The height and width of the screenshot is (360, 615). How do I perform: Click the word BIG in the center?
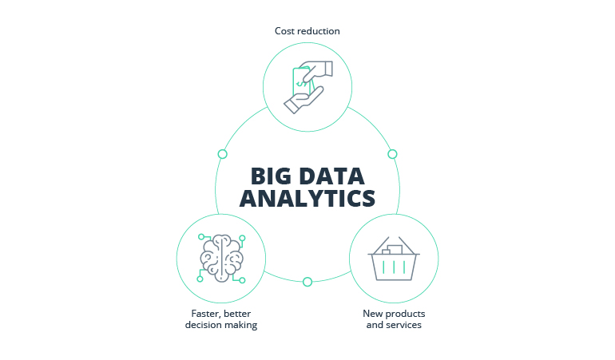coord(270,176)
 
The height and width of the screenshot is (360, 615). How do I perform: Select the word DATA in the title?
coord(332,176)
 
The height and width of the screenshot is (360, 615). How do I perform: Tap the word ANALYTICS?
coord(307,199)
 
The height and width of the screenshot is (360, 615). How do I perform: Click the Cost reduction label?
coord(307,31)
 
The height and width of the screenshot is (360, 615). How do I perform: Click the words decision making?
coord(221,325)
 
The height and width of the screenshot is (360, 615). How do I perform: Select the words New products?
coord(394,314)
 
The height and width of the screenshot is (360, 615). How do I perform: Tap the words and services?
coord(394,325)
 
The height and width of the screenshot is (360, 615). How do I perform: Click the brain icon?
coord(221,258)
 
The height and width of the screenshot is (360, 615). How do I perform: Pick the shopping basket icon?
coord(394,259)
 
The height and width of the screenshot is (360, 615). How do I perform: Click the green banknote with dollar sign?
coord(301,81)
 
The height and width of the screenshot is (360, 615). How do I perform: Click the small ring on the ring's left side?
coord(222,154)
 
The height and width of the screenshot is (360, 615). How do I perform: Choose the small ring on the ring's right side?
coord(392,154)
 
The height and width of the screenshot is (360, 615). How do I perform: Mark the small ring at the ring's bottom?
coord(307,282)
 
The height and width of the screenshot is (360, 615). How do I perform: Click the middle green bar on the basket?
coord(394,267)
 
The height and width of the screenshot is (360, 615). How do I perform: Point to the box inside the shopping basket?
coord(393,250)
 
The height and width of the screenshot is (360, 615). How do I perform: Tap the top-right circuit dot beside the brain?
coord(242,238)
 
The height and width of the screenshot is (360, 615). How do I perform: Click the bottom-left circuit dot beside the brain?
coord(200,279)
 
